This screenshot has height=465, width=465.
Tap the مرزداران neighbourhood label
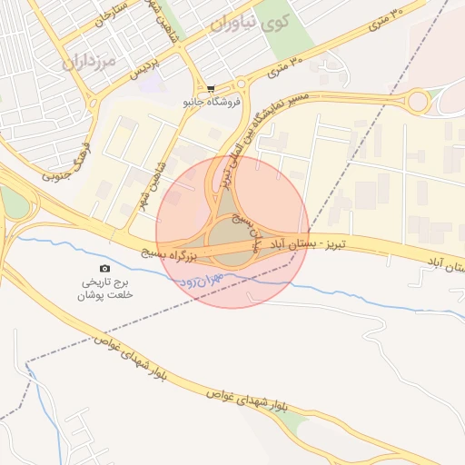point(92,62)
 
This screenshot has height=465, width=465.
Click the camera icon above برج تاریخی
point(105,268)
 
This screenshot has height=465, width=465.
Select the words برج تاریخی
point(105,282)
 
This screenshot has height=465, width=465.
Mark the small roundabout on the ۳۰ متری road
point(419,101)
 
